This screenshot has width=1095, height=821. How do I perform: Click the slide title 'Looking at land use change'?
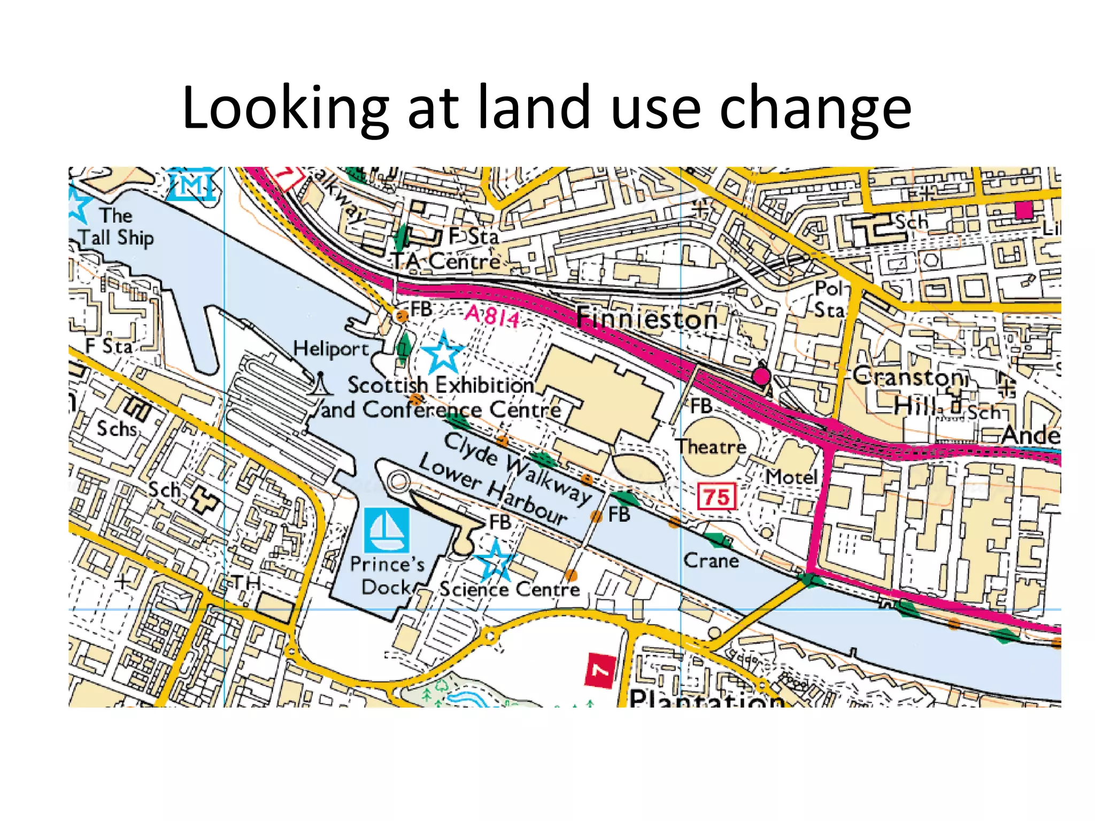[546, 108]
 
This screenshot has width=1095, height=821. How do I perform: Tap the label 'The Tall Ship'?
[116, 227]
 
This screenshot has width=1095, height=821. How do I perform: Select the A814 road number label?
[492, 316]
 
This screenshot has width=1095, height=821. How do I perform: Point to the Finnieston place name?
[646, 320]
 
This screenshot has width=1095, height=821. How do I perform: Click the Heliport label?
[331, 349]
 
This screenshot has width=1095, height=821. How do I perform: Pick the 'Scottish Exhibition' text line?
[441, 385]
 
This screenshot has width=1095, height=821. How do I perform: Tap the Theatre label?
[711, 446]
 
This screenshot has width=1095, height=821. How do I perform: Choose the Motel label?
[791, 477]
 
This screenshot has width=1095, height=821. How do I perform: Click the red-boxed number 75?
[716, 497]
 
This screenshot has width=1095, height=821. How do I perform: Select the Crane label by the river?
[711, 561]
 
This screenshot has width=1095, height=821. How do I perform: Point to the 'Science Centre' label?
[510, 589]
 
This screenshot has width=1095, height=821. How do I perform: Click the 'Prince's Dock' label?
[387, 576]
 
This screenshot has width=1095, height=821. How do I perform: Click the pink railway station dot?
[761, 376]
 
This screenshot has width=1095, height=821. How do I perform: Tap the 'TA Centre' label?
[446, 261]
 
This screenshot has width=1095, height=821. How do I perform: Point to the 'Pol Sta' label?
[829, 299]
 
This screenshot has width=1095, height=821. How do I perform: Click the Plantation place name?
[706, 698]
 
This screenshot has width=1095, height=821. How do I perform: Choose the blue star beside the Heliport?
[443, 352]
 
